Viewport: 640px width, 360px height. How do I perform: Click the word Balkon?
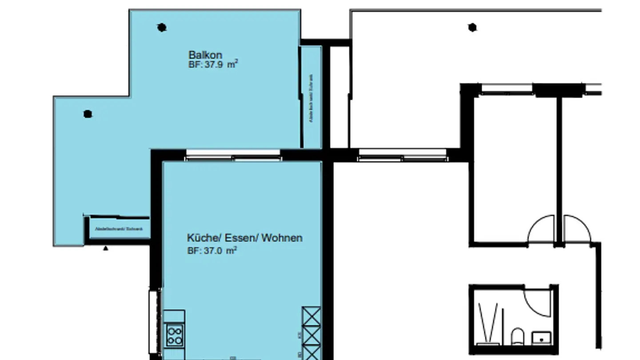(x=205, y=55)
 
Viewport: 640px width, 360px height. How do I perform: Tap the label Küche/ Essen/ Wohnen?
(x=244, y=238)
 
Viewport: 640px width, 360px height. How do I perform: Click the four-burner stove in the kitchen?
(x=174, y=335)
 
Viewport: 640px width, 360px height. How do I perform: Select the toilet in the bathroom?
(x=517, y=337)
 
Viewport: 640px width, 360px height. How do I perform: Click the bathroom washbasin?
(x=541, y=338)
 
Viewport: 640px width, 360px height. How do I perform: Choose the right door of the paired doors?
(x=576, y=229)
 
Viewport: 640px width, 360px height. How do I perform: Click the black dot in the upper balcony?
(x=162, y=28)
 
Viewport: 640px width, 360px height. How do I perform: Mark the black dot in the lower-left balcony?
(x=88, y=114)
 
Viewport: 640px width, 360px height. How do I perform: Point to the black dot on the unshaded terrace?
(x=472, y=28)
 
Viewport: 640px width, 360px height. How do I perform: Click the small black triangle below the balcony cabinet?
(x=106, y=248)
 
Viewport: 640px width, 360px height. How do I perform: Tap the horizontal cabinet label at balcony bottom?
(x=119, y=229)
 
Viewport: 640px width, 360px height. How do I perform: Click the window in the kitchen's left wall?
(x=154, y=320)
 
